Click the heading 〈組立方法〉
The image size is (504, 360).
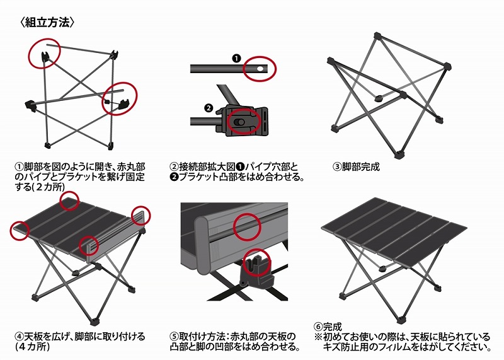[x=48, y=22]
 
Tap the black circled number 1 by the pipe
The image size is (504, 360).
[x=236, y=58]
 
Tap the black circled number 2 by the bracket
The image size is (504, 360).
[x=209, y=108]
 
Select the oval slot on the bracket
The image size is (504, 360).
[x=239, y=122]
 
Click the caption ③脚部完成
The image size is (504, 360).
[x=356, y=167]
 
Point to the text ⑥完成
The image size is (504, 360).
[x=328, y=327]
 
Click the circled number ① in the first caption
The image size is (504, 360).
[x=20, y=167]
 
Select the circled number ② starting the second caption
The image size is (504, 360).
[x=174, y=167]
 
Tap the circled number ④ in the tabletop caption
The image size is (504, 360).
[x=20, y=337]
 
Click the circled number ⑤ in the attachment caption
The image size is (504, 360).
[x=174, y=337]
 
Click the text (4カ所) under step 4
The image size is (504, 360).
[x=32, y=347]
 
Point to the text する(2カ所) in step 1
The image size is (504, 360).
[x=40, y=187]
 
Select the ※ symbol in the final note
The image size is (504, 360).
[x=318, y=337]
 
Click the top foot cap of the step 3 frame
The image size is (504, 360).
[x=377, y=35]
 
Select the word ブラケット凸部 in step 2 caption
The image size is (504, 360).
[x=207, y=177]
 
